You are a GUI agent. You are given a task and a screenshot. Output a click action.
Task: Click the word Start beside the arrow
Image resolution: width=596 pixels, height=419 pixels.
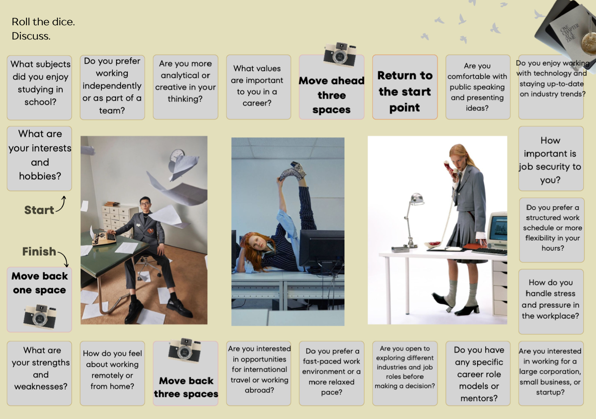(39, 210)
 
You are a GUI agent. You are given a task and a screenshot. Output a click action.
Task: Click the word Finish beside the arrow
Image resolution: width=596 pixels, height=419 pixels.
(39, 251)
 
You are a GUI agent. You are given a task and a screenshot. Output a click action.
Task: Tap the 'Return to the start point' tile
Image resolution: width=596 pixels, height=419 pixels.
(405, 87)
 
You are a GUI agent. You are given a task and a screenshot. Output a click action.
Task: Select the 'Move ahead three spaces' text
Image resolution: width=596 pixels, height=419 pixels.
(331, 95)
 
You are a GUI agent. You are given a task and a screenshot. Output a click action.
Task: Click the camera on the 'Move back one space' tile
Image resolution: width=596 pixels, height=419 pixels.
(40, 316)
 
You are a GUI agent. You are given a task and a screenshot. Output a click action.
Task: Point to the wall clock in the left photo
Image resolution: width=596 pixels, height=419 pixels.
(177, 155)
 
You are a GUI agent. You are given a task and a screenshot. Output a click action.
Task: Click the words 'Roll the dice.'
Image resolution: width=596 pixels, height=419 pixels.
(44, 22)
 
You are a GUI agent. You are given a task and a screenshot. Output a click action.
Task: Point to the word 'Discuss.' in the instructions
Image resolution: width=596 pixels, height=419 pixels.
(31, 36)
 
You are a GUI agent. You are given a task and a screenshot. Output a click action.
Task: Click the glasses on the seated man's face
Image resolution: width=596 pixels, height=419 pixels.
(145, 204)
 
